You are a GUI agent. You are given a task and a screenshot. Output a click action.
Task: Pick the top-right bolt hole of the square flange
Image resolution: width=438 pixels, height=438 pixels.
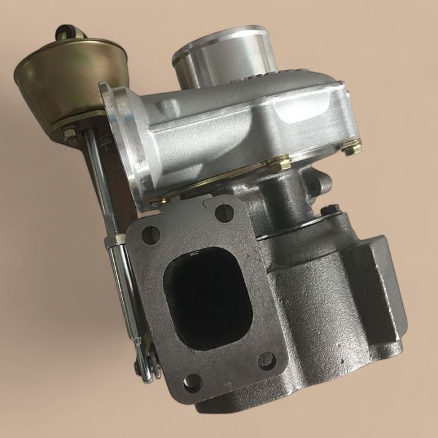224,213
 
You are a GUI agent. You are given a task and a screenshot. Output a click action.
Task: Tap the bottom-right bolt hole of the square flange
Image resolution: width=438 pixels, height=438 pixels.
266,360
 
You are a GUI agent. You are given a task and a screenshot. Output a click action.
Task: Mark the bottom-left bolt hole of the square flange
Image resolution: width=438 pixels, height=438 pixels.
192,382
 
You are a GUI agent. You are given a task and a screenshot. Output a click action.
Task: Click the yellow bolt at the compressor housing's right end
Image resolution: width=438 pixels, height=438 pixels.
352,148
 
